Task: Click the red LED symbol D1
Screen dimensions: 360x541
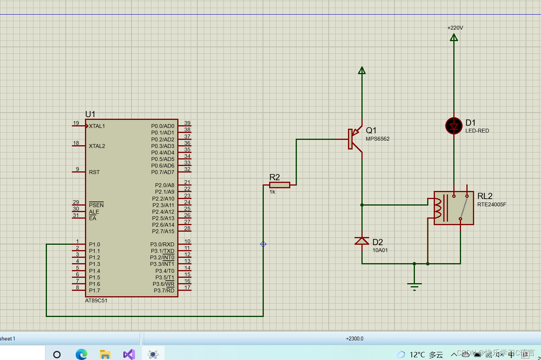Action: [x=454, y=126]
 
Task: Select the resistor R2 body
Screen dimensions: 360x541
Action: [x=280, y=185]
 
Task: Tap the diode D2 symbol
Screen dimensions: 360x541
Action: [x=362, y=241]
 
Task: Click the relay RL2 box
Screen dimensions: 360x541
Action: [x=454, y=208]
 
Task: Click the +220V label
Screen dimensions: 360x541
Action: [x=455, y=28]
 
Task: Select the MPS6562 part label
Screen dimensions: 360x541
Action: [x=378, y=139]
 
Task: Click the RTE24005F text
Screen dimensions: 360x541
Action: [x=492, y=204]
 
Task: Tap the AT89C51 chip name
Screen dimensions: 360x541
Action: [x=96, y=300]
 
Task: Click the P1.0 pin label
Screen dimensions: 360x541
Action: [x=94, y=244]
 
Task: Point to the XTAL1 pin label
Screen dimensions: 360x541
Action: [x=97, y=126]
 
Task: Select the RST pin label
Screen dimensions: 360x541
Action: [x=94, y=172]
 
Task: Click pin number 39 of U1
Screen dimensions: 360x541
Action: [x=187, y=123]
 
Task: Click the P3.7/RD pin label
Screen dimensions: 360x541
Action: [x=164, y=290]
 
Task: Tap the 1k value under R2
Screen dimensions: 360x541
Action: [x=272, y=192]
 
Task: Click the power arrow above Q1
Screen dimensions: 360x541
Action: [x=362, y=71]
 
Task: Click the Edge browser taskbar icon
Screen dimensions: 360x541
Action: [x=82, y=354]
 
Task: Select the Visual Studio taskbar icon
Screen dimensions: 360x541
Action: [x=129, y=354]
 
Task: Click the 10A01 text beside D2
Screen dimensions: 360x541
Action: [x=380, y=250]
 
